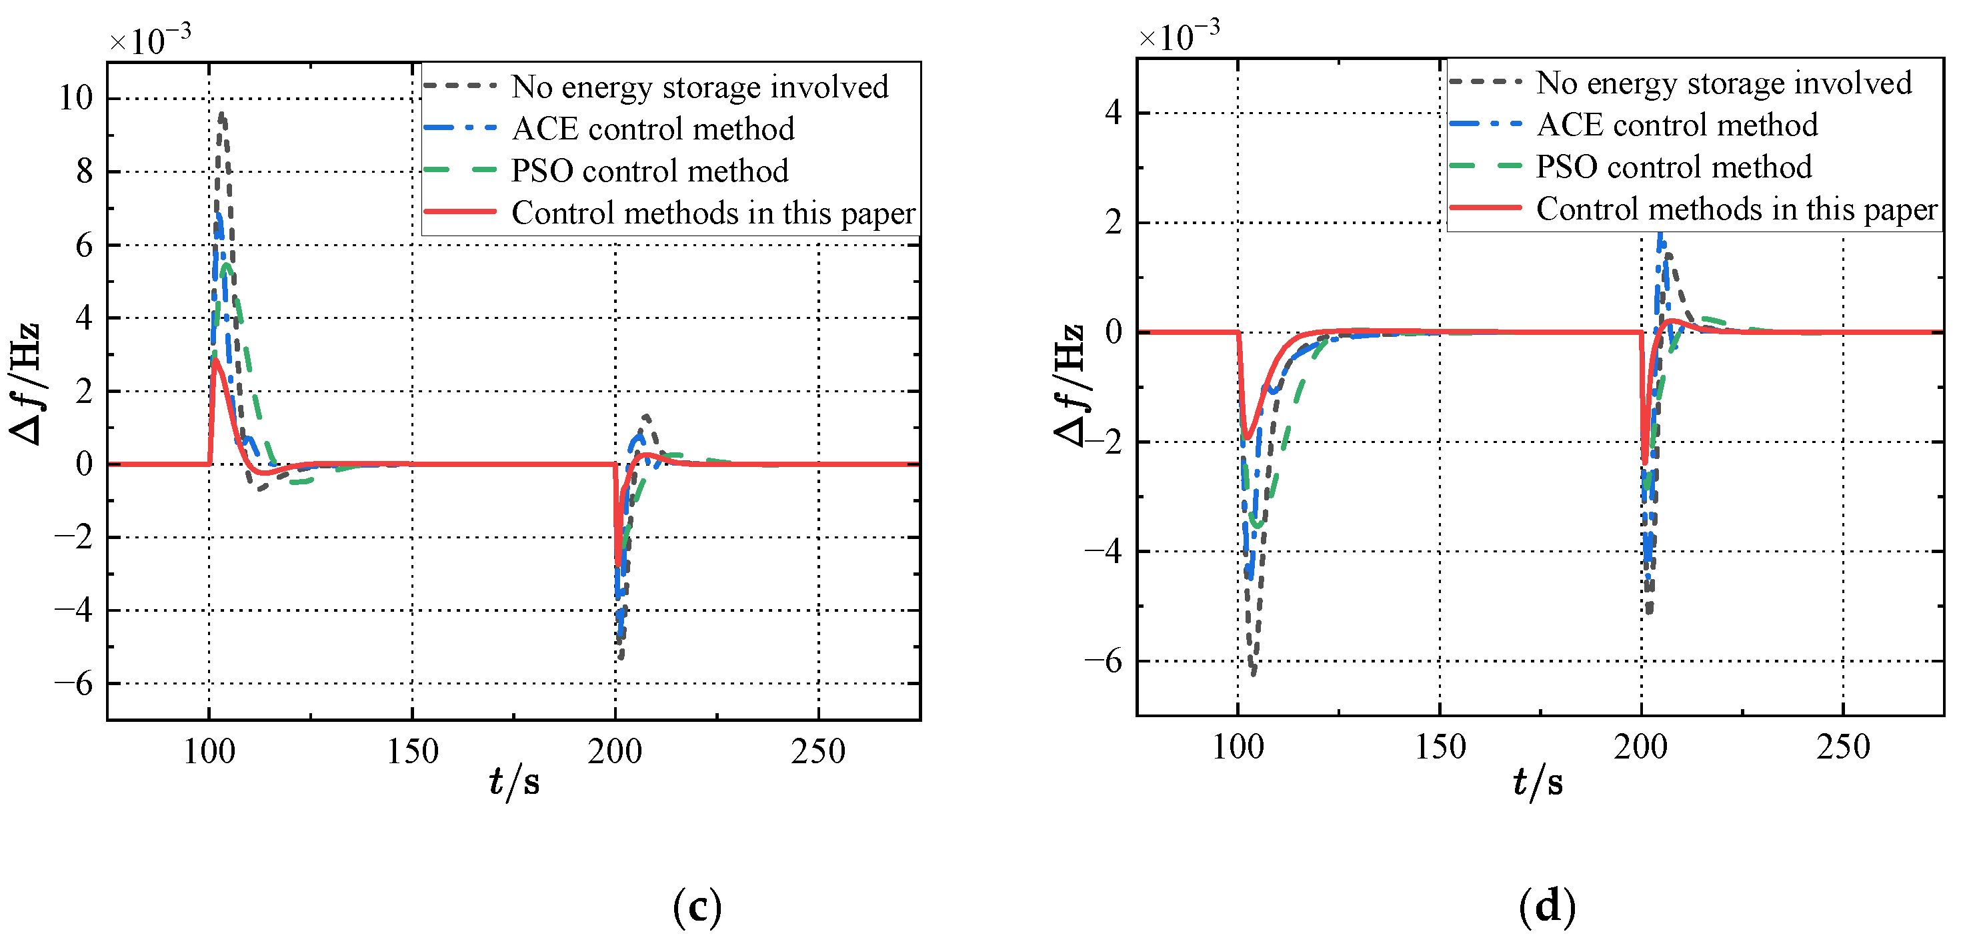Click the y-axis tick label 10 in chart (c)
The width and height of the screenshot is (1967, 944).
coord(75,98)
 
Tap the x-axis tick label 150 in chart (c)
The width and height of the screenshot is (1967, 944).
coord(412,752)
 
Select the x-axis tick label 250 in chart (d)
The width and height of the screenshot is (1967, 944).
coord(1842,747)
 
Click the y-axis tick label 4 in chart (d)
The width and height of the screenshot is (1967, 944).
coord(1114,113)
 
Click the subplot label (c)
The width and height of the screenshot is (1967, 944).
coord(696,907)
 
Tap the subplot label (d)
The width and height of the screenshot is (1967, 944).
coord(1547,907)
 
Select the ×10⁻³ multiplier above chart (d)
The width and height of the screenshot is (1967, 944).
coord(1178,36)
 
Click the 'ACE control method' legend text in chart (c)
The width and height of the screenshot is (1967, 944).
coord(653,128)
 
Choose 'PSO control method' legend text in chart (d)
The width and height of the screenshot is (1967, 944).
coord(1673,167)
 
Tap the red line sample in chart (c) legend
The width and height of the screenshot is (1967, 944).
coord(459,211)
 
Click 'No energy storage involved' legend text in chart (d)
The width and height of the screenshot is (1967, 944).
coord(1724,83)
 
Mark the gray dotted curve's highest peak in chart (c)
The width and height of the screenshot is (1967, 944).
coord(221,116)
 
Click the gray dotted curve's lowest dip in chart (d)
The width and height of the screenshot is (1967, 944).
coord(1253,672)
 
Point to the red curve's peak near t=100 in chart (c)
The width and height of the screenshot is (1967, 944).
coord(217,359)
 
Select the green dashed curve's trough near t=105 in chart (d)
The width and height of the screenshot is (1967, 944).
coord(1256,526)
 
